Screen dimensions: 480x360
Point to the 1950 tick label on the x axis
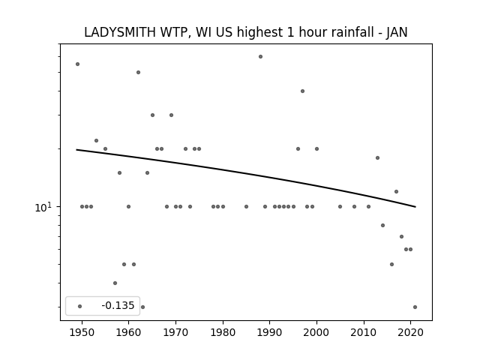[82, 332]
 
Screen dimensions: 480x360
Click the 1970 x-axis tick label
[175, 332]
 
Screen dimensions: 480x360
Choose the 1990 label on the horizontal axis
[270, 332]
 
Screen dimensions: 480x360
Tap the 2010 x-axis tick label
[364, 332]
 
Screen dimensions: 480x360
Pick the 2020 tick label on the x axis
[410, 332]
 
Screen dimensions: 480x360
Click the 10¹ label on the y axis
[43, 207]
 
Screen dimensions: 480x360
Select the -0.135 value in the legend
[118, 305]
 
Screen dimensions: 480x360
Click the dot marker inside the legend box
[80, 306]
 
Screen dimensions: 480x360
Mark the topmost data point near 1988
[260, 57]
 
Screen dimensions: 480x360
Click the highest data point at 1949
[77, 64]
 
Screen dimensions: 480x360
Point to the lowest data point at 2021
[415, 307]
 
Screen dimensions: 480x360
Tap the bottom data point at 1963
[142, 307]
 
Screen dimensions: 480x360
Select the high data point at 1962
[138, 72]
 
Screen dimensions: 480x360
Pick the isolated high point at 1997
[302, 91]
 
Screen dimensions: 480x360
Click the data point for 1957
[115, 283]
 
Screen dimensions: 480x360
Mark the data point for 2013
[377, 158]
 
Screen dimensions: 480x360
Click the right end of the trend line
[415, 207]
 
